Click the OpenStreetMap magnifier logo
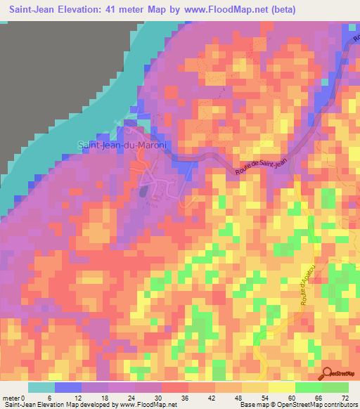(x=328, y=374)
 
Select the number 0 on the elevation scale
(x=27, y=398)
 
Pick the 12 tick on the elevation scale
(x=82, y=398)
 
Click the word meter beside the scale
(x=12, y=398)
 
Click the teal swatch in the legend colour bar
(x=41, y=387)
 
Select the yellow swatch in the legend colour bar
(x=281, y=387)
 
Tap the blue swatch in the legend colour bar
(x=68, y=387)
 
